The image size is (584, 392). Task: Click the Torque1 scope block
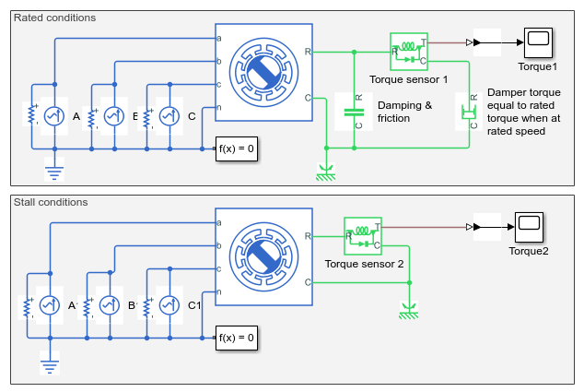coord(538,42)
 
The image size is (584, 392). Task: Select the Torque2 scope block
coord(529,227)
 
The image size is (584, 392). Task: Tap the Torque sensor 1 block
coord(409,52)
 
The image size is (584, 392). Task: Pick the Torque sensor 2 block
coord(363,236)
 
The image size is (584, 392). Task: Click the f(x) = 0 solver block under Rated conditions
coord(237,148)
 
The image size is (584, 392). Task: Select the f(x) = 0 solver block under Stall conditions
coord(237,338)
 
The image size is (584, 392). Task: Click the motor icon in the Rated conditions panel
coord(263,72)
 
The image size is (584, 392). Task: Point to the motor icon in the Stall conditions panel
coord(263,257)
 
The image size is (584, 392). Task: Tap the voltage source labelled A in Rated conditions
coord(54,116)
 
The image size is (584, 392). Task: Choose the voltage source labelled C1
coord(169,305)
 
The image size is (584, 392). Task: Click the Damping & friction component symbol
coord(354,112)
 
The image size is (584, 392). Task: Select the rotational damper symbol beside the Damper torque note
coord(469,112)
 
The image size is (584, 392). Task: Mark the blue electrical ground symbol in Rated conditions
coord(54,169)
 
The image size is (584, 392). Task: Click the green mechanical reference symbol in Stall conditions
coord(409,310)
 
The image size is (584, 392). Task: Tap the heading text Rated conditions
coord(54,18)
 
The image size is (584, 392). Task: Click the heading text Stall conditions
coord(51,202)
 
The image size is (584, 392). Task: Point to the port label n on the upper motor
coord(219,107)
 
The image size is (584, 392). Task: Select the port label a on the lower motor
coord(219,222)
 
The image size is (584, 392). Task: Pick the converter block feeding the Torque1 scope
coord(487,42)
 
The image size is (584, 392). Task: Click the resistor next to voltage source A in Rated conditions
coord(32,114)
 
